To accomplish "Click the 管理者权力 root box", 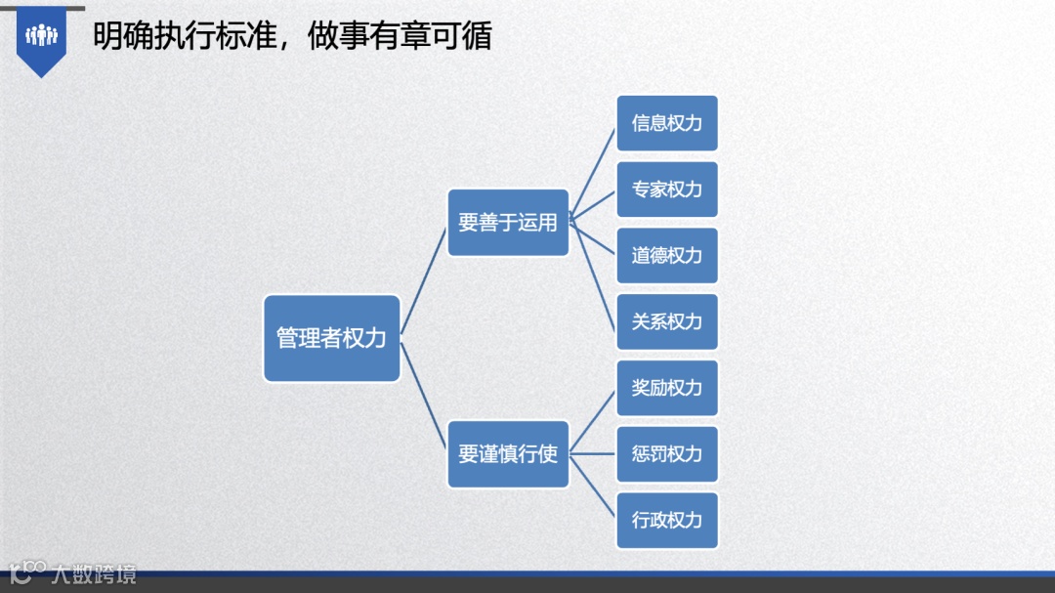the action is pyautogui.click(x=332, y=338).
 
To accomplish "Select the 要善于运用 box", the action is pyautogui.click(x=508, y=223).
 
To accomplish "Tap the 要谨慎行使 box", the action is pyautogui.click(x=508, y=454).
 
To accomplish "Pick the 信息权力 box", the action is pyautogui.click(x=667, y=123).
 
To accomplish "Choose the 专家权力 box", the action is pyautogui.click(x=667, y=190).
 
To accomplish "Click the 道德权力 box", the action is pyautogui.click(x=667, y=256).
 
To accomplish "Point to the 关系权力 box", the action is pyautogui.click(x=667, y=321).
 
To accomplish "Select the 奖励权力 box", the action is pyautogui.click(x=667, y=388).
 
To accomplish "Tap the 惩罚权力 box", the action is pyautogui.click(x=667, y=454).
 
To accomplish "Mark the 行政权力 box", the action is pyautogui.click(x=667, y=520).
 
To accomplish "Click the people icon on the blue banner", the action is pyautogui.click(x=42, y=36).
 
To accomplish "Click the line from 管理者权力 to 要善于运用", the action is pyautogui.click(x=424, y=280).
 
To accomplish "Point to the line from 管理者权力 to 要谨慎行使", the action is pyautogui.click(x=424, y=396).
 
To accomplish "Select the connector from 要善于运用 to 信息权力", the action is pyautogui.click(x=593, y=171).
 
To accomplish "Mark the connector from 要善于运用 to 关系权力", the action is pyautogui.click(x=593, y=272).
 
